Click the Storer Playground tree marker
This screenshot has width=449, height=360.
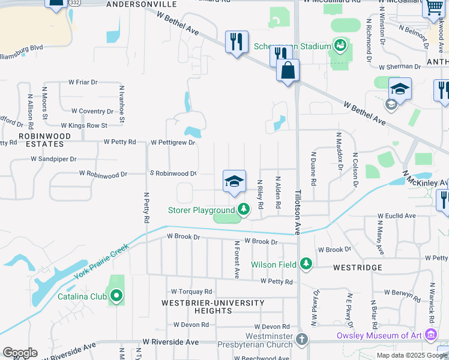243,209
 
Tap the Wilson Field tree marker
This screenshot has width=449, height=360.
306,263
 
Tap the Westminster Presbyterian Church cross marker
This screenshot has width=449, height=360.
301,340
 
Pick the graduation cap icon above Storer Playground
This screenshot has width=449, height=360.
234,181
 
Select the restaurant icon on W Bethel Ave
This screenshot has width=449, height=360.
237,42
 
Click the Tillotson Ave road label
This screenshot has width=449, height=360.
297,212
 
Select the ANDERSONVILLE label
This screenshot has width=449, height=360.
142,4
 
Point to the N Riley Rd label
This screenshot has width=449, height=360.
260,194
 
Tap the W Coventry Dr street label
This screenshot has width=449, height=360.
92,111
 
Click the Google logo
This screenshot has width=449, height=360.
20,353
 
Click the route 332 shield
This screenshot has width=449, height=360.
74,3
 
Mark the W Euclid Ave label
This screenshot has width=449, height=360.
397,216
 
